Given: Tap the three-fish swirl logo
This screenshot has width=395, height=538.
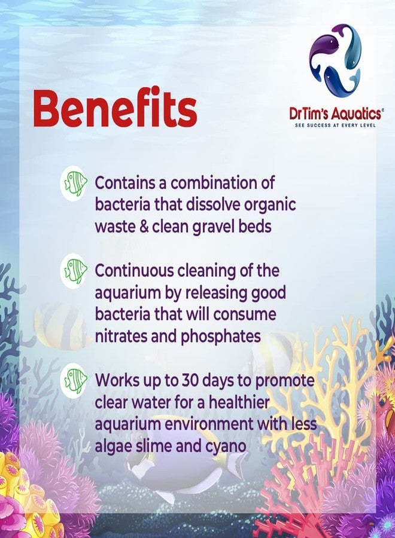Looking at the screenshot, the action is click(x=335, y=60).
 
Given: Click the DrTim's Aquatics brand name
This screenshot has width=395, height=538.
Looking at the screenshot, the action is click(x=335, y=113).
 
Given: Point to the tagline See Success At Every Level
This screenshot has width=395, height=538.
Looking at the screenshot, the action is click(x=335, y=126).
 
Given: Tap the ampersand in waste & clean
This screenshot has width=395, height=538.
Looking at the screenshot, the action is click(x=144, y=227).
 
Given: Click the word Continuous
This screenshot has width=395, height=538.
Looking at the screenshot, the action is click(x=133, y=271).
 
